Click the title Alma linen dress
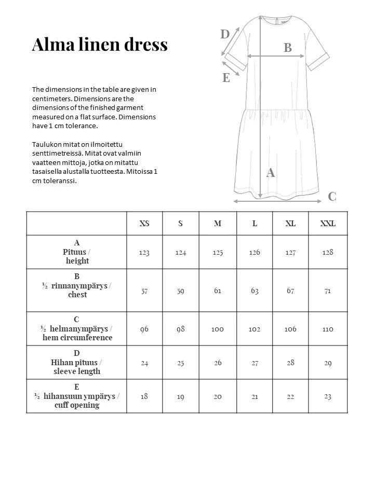pyautogui.click(x=100, y=45)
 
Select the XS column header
pyautogui.click(x=144, y=224)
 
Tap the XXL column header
pyautogui.click(x=328, y=224)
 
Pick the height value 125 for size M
pyautogui.click(x=218, y=252)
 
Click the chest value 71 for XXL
pyautogui.click(x=328, y=290)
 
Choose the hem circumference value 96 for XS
pyautogui.click(x=144, y=329)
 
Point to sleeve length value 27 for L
pyautogui.click(x=255, y=363)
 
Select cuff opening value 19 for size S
pyautogui.click(x=181, y=396)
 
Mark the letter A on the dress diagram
pyautogui.click(x=271, y=173)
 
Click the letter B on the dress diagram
pyautogui.click(x=288, y=48)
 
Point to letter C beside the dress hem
pyautogui.click(x=332, y=196)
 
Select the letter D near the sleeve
pyautogui.click(x=225, y=34)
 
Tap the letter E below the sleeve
pyautogui.click(x=226, y=78)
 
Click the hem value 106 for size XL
pyautogui.click(x=291, y=329)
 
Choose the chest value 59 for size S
pyautogui.click(x=181, y=290)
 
